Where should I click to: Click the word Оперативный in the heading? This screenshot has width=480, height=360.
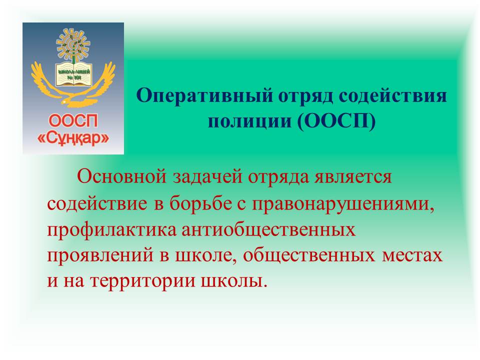[204, 96]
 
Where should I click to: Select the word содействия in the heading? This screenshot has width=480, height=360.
[393, 96]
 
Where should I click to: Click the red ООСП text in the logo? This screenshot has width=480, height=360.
[73, 120]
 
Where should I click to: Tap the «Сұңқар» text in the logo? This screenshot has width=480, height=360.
[73, 138]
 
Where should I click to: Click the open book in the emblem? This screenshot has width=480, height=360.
[74, 74]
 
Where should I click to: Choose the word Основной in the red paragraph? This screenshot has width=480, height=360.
[122, 176]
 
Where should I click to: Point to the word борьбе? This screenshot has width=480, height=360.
[200, 203]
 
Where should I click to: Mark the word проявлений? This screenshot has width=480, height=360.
[100, 256]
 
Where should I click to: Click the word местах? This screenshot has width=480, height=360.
[412, 256]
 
